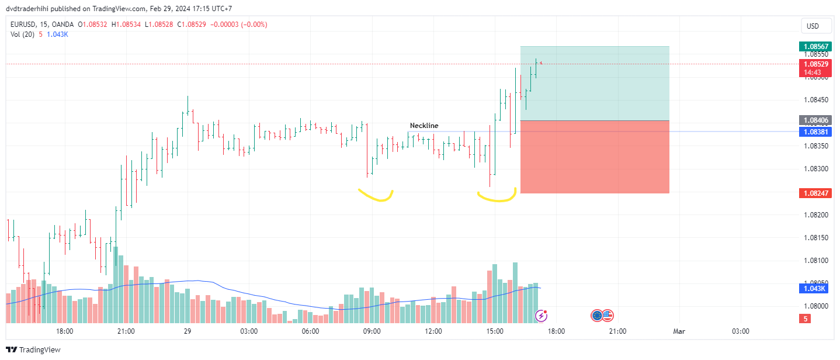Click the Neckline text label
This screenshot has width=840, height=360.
click(x=424, y=126)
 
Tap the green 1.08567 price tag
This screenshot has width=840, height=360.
click(x=815, y=46)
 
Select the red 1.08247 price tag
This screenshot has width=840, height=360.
click(x=815, y=193)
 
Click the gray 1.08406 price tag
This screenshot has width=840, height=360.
click(x=815, y=120)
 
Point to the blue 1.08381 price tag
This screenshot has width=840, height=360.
click(x=815, y=131)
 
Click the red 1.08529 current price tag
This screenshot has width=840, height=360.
click(x=815, y=64)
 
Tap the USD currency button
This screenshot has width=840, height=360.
click(x=813, y=26)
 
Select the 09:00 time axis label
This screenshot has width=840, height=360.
click(x=372, y=331)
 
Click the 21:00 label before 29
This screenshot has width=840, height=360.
click(x=126, y=331)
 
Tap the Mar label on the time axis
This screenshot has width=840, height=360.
click(x=679, y=331)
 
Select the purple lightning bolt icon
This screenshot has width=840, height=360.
click(x=542, y=316)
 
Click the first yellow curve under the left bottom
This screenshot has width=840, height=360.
click(x=376, y=195)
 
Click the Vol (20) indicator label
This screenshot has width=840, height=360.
click(x=22, y=34)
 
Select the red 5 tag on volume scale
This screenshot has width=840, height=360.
click(x=806, y=319)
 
